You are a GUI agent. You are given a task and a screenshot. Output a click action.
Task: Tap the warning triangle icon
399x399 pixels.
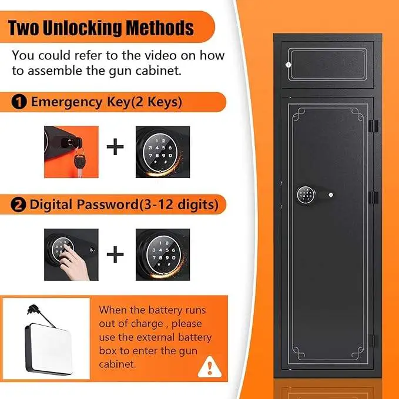[x=206, y=368]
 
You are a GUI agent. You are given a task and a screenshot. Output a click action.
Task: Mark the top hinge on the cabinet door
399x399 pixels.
[x=371, y=126]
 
